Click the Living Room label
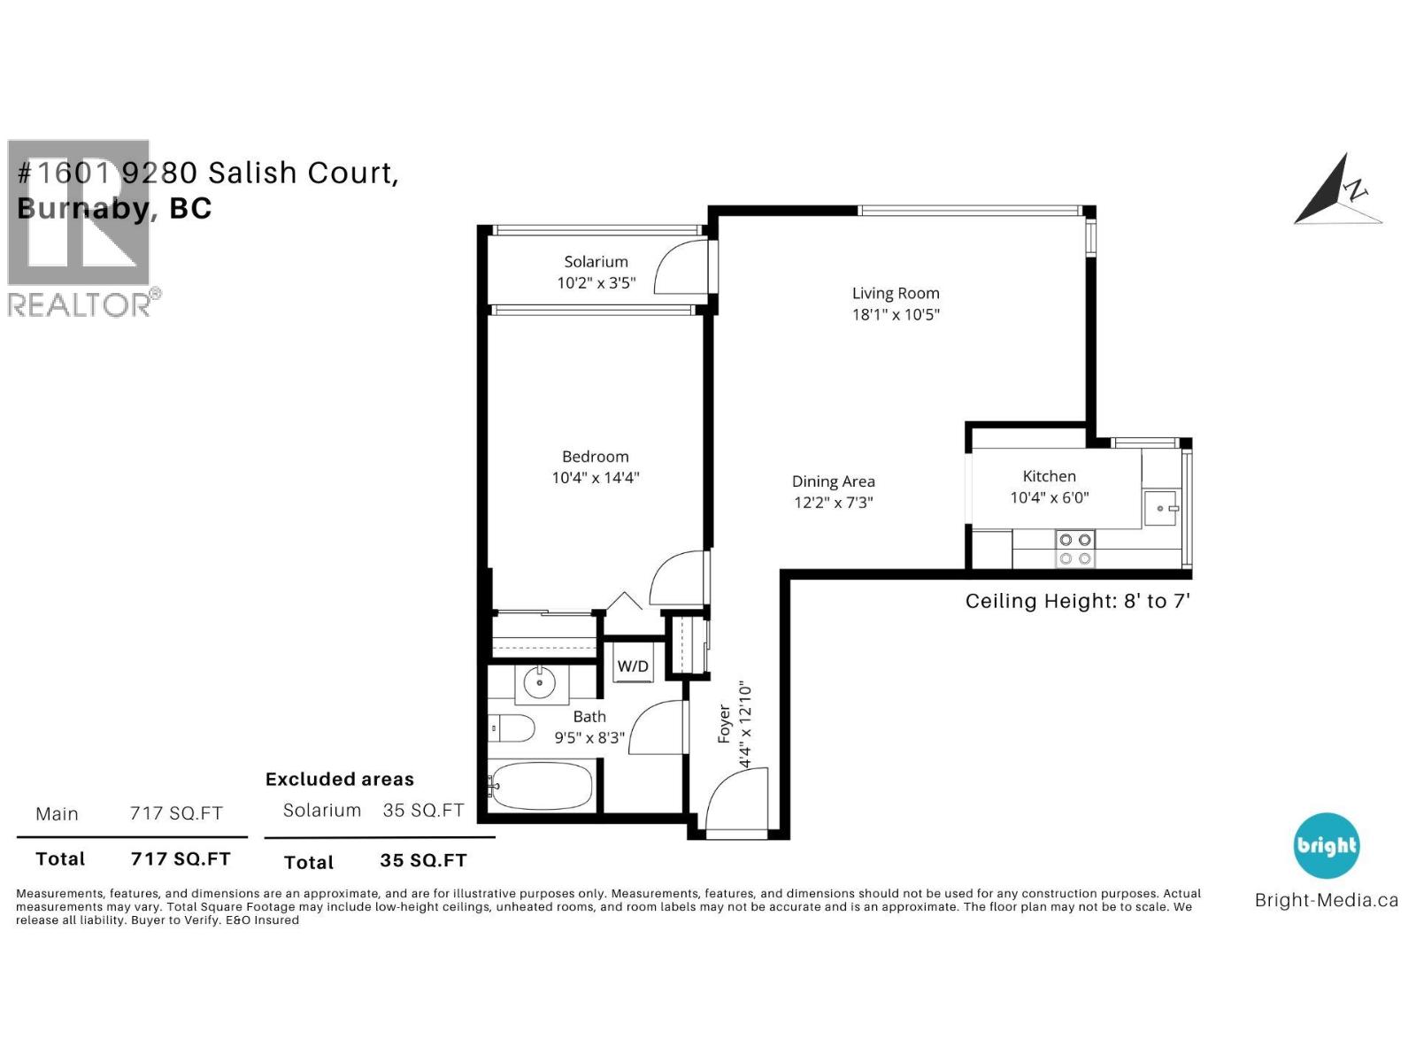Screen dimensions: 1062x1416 pyautogui.click(x=896, y=293)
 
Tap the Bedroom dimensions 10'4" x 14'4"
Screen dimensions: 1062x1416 pyautogui.click(x=596, y=478)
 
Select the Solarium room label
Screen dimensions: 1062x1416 pyautogui.click(x=596, y=261)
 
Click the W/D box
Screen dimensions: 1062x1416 pyautogui.click(x=633, y=666)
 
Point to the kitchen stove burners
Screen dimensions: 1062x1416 pyautogui.click(x=1075, y=549)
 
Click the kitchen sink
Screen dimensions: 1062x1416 pyautogui.click(x=1160, y=509)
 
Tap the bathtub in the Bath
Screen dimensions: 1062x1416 pyautogui.click(x=541, y=786)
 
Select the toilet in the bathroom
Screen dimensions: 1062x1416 pyautogui.click(x=513, y=729)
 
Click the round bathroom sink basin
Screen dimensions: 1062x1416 pyautogui.click(x=539, y=683)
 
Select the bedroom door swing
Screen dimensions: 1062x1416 pyautogui.click(x=680, y=580)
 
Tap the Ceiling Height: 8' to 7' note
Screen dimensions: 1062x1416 pyautogui.click(x=1077, y=602)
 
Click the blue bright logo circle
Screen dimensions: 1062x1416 pyautogui.click(x=1326, y=845)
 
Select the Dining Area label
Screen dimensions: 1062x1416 pyautogui.click(x=833, y=481)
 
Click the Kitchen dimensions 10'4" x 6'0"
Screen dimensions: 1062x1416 pyautogui.click(x=1050, y=497)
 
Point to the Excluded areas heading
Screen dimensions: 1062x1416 pyautogui.click(x=340, y=780)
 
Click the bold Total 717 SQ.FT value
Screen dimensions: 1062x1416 pyautogui.click(x=181, y=858)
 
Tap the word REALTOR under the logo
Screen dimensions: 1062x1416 pyautogui.click(x=80, y=304)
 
